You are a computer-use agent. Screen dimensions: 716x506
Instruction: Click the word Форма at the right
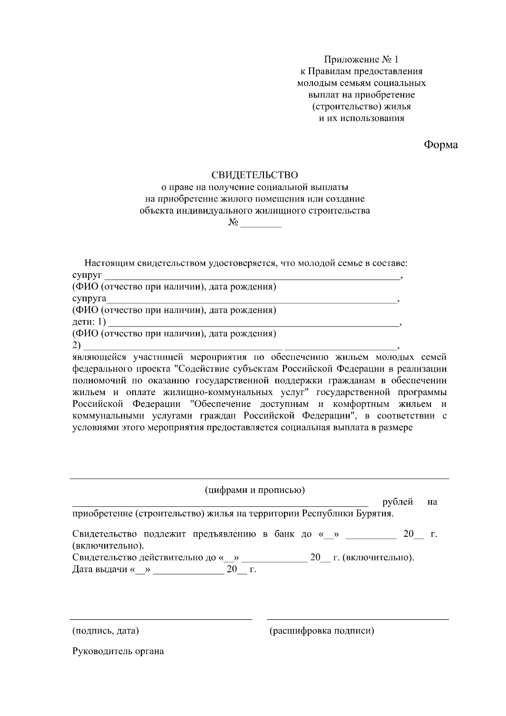pyautogui.click(x=441, y=145)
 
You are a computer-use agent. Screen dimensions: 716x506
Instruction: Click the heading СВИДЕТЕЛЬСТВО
pyautogui.click(x=255, y=175)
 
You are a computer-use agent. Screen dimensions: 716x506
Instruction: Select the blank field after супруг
pyautogui.click(x=252, y=278)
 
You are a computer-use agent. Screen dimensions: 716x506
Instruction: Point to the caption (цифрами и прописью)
pyautogui.click(x=255, y=490)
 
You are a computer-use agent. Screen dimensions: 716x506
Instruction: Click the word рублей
pyautogui.click(x=397, y=502)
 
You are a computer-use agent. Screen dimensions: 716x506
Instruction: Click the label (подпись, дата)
pyautogui.click(x=105, y=631)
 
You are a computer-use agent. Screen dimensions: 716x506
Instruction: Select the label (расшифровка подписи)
pyautogui.click(x=322, y=631)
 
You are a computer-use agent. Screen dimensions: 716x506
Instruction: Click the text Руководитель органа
pyautogui.click(x=118, y=651)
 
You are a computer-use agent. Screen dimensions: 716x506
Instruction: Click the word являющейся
pyautogui.click(x=100, y=357)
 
